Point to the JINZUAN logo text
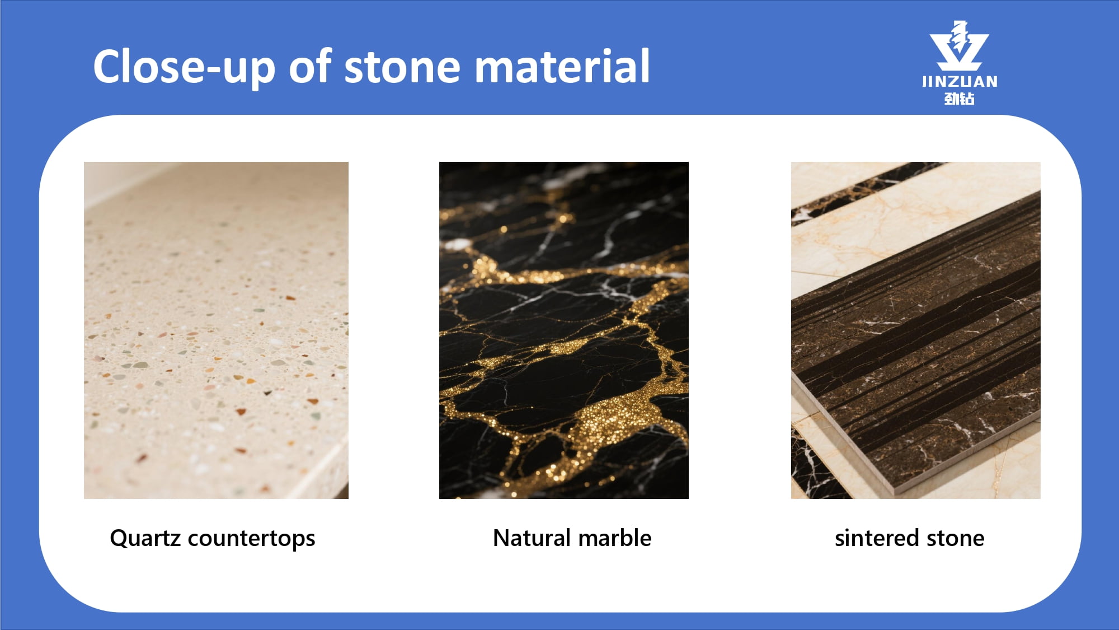click(x=960, y=82)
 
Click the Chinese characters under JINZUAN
click(x=960, y=99)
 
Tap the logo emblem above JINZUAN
click(x=959, y=46)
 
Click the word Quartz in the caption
click(x=145, y=539)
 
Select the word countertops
click(x=252, y=539)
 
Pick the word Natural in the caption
click(x=532, y=538)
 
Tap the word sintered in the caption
click(x=877, y=538)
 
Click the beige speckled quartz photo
click(x=216, y=330)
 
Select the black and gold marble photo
click(x=564, y=330)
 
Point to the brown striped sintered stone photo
click(x=916, y=330)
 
